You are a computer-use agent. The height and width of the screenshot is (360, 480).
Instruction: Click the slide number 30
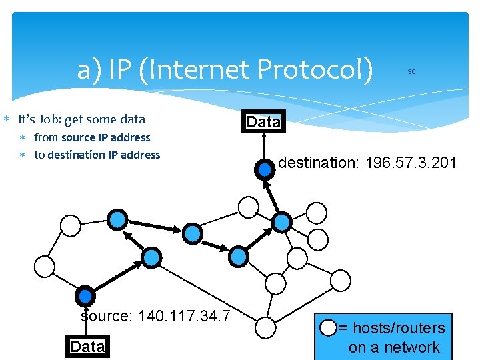tap(411, 71)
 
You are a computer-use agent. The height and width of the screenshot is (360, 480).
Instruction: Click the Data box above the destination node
tap(264, 122)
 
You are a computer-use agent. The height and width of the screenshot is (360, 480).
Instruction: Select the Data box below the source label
tap(87, 347)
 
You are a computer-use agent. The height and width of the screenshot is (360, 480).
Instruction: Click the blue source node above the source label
tap(85, 296)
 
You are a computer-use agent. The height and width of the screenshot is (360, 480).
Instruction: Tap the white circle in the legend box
tap(329, 327)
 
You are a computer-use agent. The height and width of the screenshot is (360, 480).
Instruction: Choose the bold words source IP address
tap(106, 138)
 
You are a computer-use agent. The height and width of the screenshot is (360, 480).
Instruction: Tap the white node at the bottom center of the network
tap(265, 327)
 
